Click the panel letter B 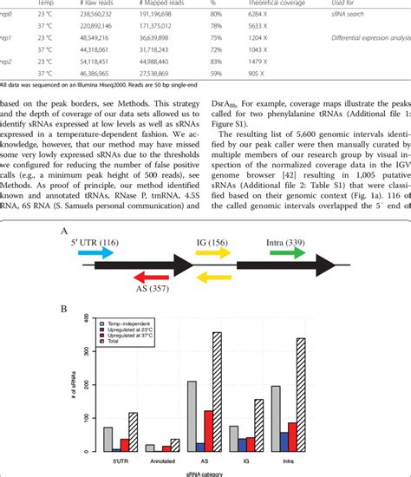[x=63, y=309]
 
